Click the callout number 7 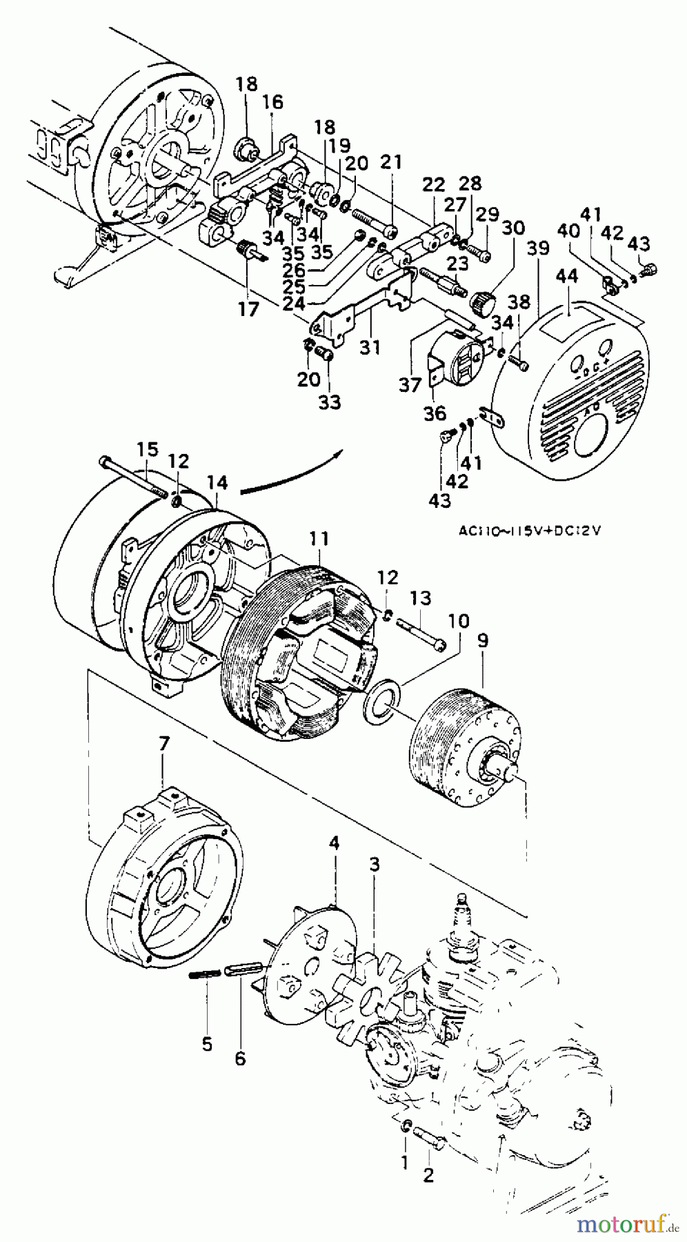click(x=163, y=745)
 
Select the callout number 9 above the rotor click(x=482, y=640)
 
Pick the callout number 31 click(x=370, y=348)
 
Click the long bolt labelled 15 click(x=135, y=477)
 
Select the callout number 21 click(x=390, y=161)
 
